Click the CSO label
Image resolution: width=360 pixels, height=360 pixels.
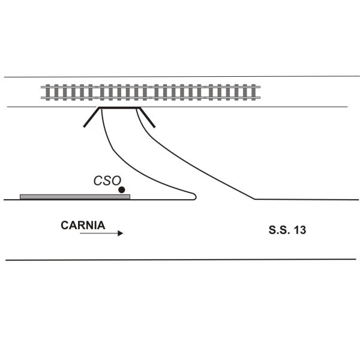coord(107,180)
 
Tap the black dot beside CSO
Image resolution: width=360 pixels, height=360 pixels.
coord(122,190)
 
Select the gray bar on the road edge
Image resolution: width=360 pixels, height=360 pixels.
coord(75,196)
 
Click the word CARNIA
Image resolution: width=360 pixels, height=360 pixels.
coord(83,226)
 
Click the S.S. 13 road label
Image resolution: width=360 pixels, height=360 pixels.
coord(287,229)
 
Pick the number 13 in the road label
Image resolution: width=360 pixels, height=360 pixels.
coord(300,229)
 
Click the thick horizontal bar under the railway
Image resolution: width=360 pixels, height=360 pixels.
coord(119,108)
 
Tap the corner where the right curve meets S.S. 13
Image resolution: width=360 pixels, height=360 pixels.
coord(255,199)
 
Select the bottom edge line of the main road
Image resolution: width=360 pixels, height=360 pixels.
coord(180,259)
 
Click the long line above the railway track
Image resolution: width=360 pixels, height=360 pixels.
coord(180,76)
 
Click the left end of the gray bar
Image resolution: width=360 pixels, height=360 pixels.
coord(21,196)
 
